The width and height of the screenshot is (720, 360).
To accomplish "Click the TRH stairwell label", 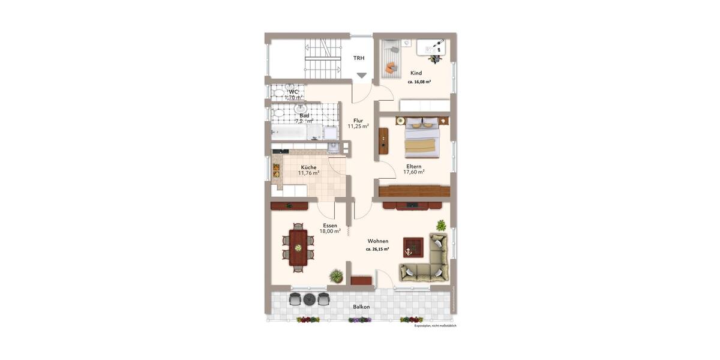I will (359, 58).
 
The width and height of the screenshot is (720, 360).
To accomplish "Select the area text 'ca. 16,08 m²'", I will (419, 82).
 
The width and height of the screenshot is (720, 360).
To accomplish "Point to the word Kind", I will (416, 73).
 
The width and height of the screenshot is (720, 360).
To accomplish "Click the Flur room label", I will (358, 121).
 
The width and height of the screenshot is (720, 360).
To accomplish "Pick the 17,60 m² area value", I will (413, 172).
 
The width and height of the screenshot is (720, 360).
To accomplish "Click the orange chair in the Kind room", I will (391, 66).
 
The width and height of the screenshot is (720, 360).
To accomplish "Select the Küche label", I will (309, 167).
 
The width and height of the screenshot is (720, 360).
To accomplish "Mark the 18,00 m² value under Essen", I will (330, 231).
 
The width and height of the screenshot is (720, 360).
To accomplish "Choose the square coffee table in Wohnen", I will (413, 247).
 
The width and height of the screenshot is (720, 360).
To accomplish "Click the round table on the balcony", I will (309, 299).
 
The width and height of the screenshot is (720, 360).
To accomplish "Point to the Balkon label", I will (361, 307).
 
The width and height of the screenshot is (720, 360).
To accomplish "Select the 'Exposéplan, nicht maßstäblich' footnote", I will (436, 326).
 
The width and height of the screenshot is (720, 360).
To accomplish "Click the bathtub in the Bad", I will (288, 132).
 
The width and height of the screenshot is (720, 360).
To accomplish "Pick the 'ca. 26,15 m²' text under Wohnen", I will (377, 249).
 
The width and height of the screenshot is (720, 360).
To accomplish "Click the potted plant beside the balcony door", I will (336, 276).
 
